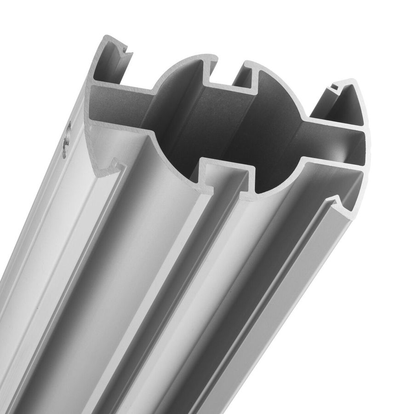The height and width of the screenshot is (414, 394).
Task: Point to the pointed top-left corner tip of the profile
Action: point(106,37)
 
